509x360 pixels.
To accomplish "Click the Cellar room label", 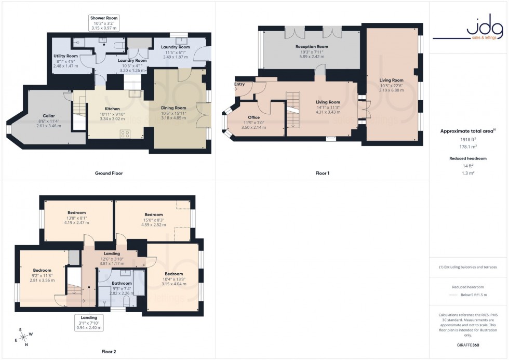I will (49, 115).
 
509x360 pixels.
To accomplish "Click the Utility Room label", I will (65, 56).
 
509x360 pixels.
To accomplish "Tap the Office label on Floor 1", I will (253, 117).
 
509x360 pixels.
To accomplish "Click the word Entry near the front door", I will (239, 84).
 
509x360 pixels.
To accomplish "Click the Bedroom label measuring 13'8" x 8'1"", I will (77, 212).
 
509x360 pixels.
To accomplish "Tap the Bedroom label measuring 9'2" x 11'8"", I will (42, 270).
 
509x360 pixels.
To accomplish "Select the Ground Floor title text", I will (109, 173).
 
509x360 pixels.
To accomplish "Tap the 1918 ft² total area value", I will (468, 140).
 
